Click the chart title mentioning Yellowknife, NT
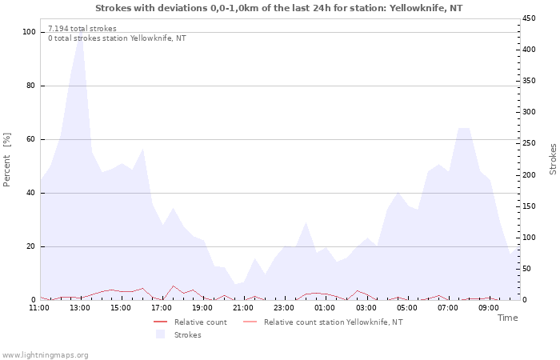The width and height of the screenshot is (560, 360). click(279, 8)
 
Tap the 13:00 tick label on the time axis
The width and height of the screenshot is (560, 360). click(80, 308)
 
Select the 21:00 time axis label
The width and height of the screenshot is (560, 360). click(243, 308)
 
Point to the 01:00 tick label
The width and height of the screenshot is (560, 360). click(325, 308)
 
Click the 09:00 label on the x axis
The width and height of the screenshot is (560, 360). click(488, 308)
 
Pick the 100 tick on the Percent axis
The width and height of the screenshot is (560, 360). click(29, 32)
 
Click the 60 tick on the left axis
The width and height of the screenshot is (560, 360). click(31, 139)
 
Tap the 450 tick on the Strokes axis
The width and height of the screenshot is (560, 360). click(529, 18)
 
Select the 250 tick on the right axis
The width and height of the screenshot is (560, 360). click(529, 143)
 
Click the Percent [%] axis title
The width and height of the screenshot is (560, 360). click(6, 160)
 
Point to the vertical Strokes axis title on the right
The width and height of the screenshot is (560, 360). click(553, 159)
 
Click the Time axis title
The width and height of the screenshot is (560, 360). click(507, 318)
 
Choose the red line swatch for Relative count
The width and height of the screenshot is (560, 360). click(160, 322)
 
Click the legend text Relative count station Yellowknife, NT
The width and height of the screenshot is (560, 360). click(334, 322)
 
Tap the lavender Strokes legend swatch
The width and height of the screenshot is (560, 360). click(160, 334)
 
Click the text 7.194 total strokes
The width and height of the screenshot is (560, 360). click(82, 29)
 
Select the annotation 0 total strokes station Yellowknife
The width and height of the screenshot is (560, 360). click(117, 38)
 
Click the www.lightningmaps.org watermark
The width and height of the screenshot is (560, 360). click(44, 355)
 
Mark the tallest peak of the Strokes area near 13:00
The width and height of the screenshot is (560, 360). click(81, 29)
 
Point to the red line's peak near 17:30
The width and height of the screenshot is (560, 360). click(174, 286)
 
